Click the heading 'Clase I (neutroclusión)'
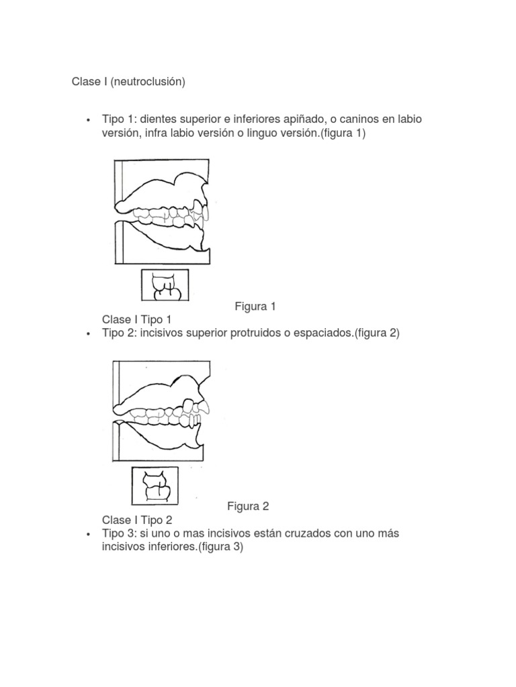128,82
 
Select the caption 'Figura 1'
255,307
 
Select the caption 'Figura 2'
248,505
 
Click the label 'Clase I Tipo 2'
137,519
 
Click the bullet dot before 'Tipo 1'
88,120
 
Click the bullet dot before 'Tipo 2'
88,334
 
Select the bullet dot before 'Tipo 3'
88,534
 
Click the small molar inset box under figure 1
165,284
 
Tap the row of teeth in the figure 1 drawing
168,216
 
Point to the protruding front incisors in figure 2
198,413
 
